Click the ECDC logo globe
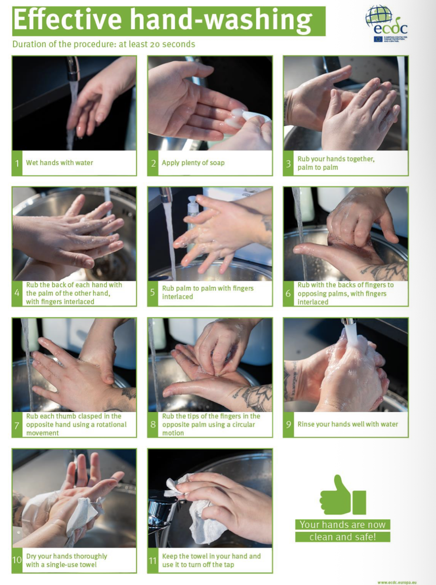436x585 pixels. click(378, 16)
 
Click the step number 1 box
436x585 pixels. click(17, 163)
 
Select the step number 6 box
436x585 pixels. click(288, 293)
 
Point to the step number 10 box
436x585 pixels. click(17, 560)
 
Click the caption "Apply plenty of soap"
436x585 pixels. click(193, 163)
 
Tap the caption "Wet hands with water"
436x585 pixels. click(60, 163)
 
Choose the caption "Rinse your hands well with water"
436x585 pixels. click(348, 424)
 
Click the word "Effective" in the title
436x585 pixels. click(67, 20)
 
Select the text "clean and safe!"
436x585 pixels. click(342, 537)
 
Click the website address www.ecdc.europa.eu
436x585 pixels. click(397, 582)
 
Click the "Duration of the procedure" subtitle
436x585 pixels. click(104, 44)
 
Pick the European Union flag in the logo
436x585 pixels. click(378, 39)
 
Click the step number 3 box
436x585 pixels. click(288, 163)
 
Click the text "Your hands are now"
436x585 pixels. click(342, 525)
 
